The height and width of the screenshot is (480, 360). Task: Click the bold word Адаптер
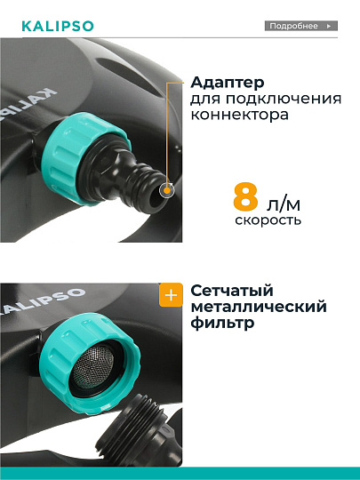coord(223,83)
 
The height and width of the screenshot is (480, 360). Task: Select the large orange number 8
coord(249,197)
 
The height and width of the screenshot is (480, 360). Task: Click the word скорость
coord(268,220)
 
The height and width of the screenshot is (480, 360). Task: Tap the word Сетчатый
coord(231,292)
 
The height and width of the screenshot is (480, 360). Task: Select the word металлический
coord(259,308)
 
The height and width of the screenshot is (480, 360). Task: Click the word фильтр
coord(222,324)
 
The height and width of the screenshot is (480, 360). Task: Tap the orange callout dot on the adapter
coord(166,189)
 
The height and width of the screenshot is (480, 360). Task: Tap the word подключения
coord(264,99)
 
